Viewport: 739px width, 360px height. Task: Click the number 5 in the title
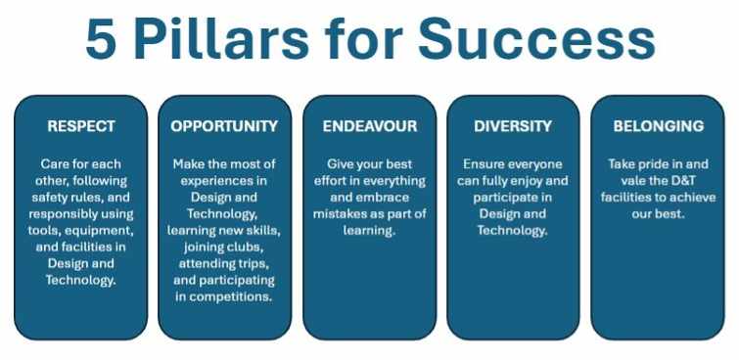point(101,39)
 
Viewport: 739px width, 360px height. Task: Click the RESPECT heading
point(81,126)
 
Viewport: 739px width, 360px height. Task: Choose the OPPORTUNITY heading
point(224,126)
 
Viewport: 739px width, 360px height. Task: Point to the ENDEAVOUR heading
point(370,126)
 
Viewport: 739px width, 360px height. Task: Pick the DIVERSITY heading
point(513,126)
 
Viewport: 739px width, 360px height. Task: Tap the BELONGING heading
point(659,126)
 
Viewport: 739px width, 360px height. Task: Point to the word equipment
point(99,231)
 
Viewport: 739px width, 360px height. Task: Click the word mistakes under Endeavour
point(336,214)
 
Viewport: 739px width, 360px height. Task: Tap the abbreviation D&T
point(676,181)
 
